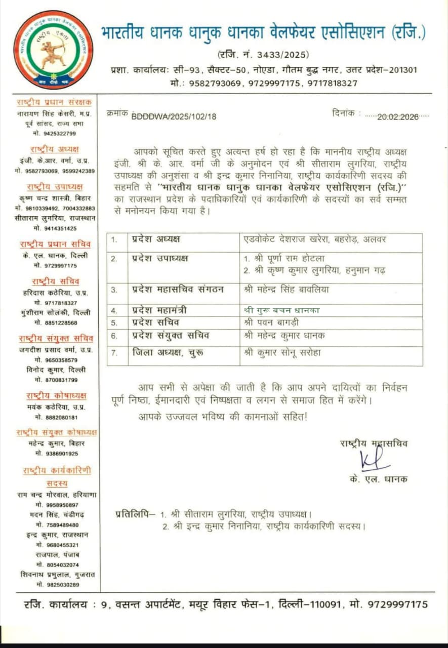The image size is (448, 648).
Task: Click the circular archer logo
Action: tap(53, 50)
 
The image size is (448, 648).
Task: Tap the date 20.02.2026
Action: tap(397, 116)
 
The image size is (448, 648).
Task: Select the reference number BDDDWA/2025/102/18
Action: tap(174, 116)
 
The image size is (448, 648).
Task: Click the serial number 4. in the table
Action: tap(114, 310)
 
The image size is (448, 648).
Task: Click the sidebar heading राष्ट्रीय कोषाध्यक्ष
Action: tap(56, 395)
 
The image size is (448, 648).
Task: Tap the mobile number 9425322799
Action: tap(55, 134)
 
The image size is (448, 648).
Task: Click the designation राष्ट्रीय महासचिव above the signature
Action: tap(374, 443)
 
